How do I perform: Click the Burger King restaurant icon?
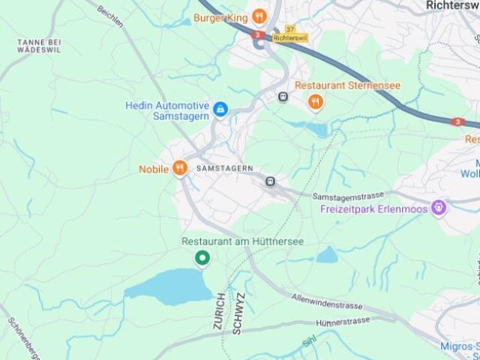(x=259, y=16)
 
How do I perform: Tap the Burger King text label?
(x=221, y=16)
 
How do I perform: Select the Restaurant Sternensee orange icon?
(x=316, y=102)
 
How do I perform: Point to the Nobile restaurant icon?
(x=179, y=169)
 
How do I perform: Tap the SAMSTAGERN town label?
(x=224, y=169)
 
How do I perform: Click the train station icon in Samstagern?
(x=270, y=181)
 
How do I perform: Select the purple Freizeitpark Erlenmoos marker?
(x=439, y=208)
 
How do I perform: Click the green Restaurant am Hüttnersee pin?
(x=202, y=259)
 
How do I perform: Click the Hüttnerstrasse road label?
(x=343, y=322)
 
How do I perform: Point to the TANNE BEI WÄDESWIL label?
(x=38, y=45)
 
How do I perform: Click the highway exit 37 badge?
(x=290, y=29)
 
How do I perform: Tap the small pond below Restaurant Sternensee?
(x=316, y=129)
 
